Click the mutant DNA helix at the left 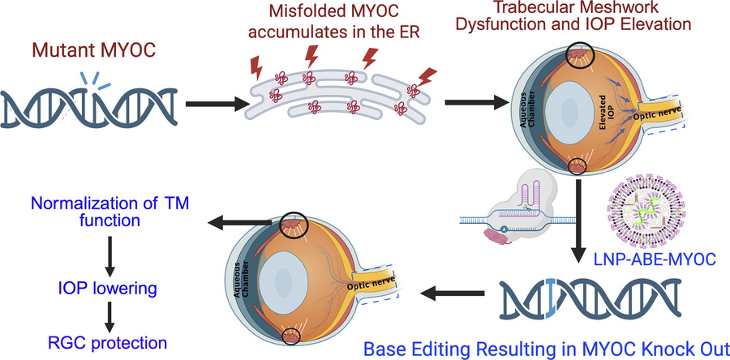point(90,104)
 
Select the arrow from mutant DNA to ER point(212,104)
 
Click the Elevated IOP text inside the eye point(590,101)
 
